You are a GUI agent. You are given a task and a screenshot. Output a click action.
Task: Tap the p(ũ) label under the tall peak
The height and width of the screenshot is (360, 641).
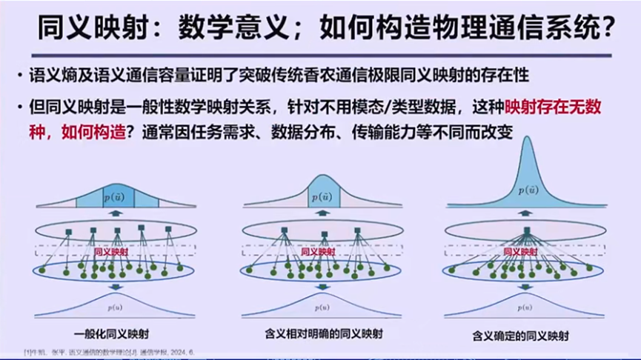tap(527, 190)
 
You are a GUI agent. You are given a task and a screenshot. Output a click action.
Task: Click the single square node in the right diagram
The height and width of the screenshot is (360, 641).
tap(526, 230)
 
